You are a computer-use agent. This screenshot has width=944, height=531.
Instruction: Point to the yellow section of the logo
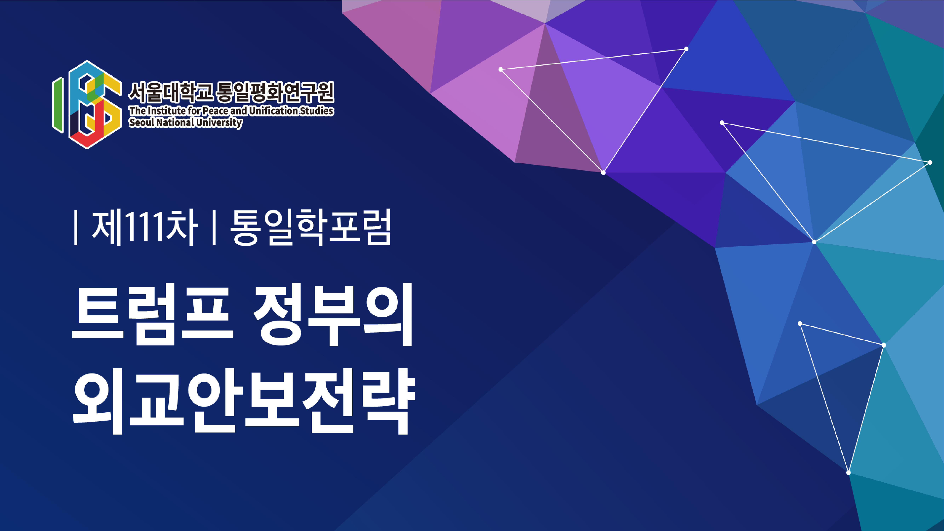[112, 103]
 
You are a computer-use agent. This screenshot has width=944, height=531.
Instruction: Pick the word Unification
[273, 111]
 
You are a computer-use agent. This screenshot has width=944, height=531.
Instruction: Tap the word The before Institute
[137, 111]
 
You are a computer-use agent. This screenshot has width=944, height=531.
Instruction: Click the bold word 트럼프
[152, 314]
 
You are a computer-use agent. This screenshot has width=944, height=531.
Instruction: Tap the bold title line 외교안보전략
[244, 401]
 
